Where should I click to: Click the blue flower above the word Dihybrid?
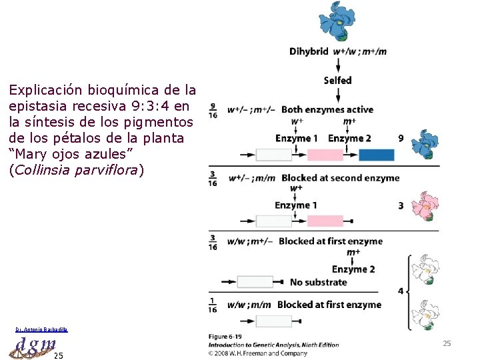(x=339, y=22)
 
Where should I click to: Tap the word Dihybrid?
(x=309, y=51)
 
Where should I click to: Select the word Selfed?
(x=338, y=80)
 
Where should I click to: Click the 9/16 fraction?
(x=213, y=110)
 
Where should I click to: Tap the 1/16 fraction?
(x=213, y=305)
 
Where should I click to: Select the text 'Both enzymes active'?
(x=327, y=109)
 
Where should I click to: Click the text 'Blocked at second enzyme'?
(x=341, y=178)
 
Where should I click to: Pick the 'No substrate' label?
(x=318, y=282)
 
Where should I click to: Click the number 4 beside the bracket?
(x=400, y=291)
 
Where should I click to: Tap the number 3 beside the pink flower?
(x=401, y=206)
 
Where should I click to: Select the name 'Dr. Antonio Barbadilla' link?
(x=41, y=329)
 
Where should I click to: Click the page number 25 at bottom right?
(x=447, y=343)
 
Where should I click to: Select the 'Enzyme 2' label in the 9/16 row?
(x=349, y=138)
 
